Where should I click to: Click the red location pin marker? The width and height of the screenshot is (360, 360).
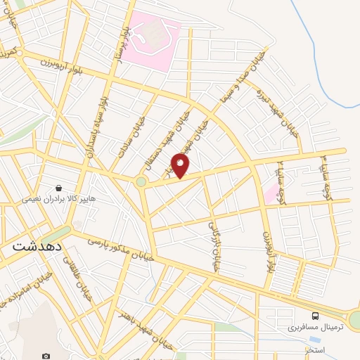click(181, 165)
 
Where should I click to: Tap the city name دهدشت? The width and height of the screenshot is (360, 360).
click(38, 247)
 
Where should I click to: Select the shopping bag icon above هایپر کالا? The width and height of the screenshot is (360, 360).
click(57, 188)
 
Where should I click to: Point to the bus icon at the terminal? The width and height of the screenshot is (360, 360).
click(315, 316)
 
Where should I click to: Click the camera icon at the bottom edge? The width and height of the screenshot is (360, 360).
click(46, 356)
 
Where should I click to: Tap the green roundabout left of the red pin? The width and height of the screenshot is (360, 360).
click(141, 182)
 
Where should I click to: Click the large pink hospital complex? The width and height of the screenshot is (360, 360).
click(155, 38)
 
